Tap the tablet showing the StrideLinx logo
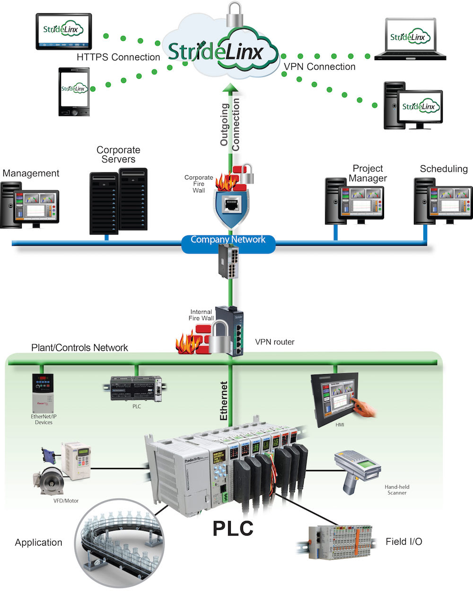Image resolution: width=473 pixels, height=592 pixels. (64, 31)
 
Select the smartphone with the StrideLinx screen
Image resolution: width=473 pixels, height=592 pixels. (74, 91)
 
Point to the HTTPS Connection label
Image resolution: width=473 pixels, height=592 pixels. (118, 57)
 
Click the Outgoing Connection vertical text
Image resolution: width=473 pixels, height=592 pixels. (230, 125)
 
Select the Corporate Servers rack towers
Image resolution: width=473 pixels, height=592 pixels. (118, 201)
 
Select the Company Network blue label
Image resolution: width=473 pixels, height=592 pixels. (228, 240)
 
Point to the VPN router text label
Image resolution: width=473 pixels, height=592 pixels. (274, 342)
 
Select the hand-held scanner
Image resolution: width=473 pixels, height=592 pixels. (358, 472)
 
